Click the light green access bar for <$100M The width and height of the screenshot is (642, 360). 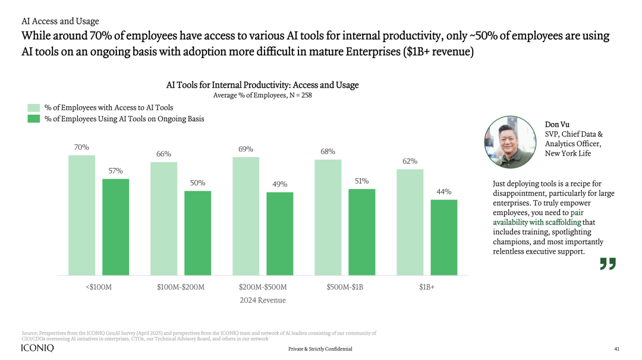click(81, 215)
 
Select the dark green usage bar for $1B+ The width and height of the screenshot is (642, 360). click(444, 237)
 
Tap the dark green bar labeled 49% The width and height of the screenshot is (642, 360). click(280, 233)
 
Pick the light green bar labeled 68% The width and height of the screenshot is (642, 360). click(328, 217)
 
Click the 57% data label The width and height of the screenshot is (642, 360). click(115, 171)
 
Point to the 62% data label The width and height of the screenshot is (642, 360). click(410, 161)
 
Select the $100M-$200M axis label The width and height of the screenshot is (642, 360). click(181, 287)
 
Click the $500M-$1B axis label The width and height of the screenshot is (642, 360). click(345, 287)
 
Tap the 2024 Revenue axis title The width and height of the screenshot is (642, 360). click(263, 300)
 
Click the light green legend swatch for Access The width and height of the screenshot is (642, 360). click(34, 108)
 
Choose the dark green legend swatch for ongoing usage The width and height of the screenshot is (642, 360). click(34, 119)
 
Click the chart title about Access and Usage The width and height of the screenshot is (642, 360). click(262, 85)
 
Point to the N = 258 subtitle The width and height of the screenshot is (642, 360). click(262, 95)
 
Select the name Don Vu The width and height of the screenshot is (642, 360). click(557, 124)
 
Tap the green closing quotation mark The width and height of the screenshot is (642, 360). click(608, 264)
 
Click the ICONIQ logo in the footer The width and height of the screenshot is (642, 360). click(37, 348)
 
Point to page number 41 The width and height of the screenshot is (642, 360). click(616, 349)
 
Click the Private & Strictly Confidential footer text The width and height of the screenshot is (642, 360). click(320, 349)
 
